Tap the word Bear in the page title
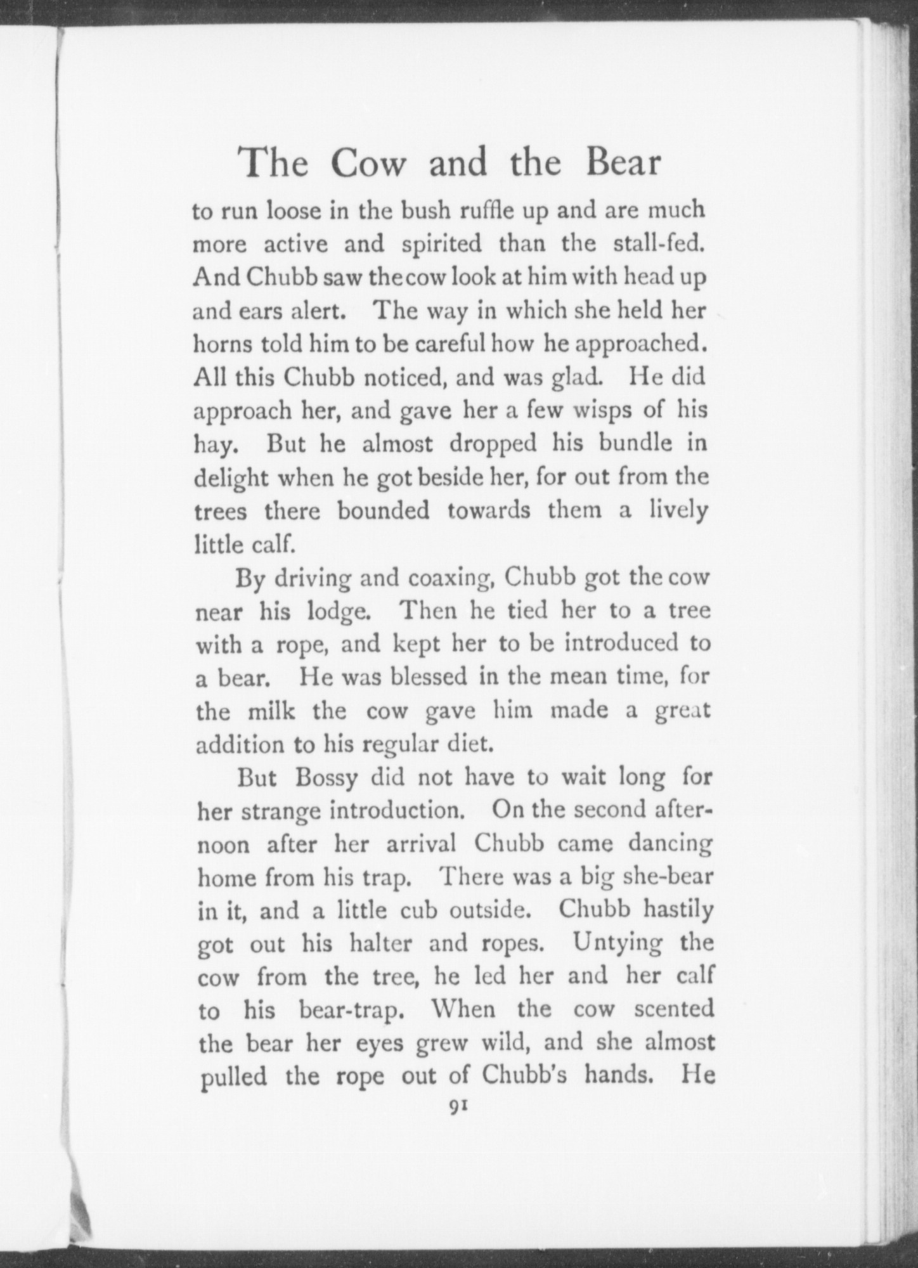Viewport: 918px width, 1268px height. pyautogui.click(x=623, y=162)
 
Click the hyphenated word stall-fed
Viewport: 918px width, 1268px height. pyautogui.click(x=659, y=244)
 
